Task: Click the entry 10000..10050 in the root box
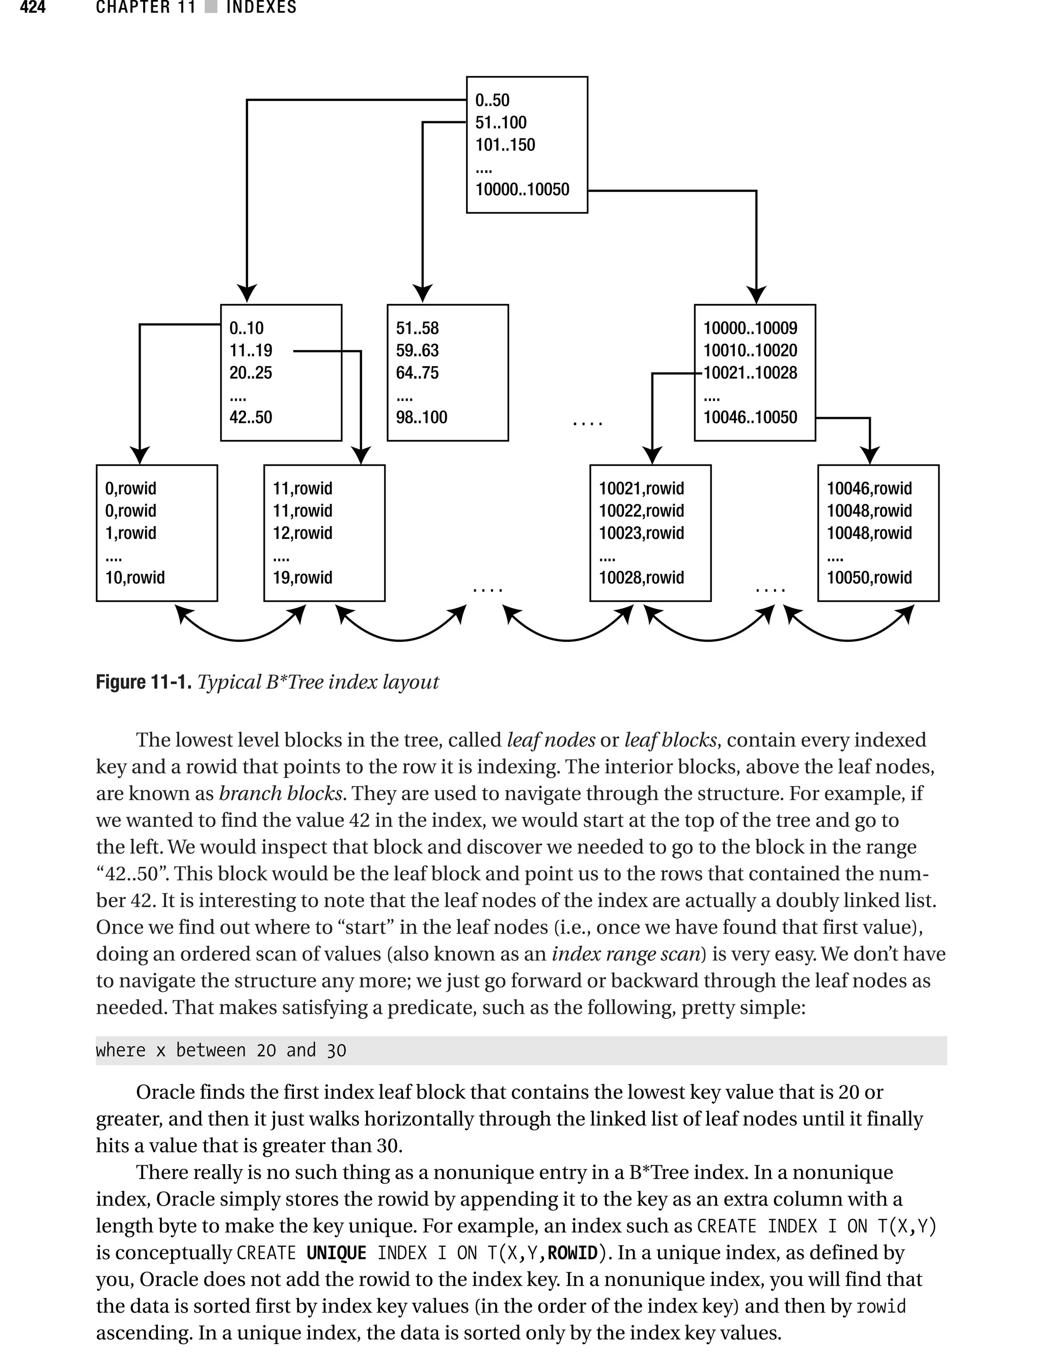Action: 521,189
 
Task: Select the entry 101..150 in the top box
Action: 505,145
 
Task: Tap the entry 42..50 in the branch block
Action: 251,417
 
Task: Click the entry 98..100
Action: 422,417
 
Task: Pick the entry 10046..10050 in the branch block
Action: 750,417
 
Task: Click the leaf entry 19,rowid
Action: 303,578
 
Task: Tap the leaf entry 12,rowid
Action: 303,533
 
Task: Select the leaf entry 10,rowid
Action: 135,578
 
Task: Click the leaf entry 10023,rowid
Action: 641,533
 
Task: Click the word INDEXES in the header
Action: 261,8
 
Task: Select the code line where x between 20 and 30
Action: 221,1050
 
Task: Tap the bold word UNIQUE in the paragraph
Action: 336,1253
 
